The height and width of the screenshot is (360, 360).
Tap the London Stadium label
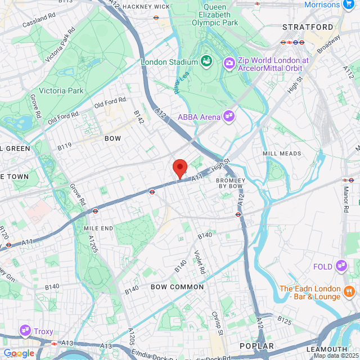[169, 62]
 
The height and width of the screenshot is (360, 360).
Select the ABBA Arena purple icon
[229, 116]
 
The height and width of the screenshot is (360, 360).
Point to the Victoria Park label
[61, 91]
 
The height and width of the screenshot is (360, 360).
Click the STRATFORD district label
[308, 27]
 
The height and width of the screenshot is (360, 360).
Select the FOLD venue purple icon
[341, 265]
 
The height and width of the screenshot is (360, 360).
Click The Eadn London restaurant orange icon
[349, 291]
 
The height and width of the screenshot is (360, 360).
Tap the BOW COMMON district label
[177, 287]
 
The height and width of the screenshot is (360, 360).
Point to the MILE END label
[98, 228]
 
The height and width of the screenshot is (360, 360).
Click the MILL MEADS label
[281, 153]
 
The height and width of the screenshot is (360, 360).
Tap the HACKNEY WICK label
[146, 7]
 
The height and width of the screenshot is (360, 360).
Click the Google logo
[19, 353]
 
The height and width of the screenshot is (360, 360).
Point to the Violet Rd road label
[200, 262]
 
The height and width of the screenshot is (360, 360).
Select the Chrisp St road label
[218, 323]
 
